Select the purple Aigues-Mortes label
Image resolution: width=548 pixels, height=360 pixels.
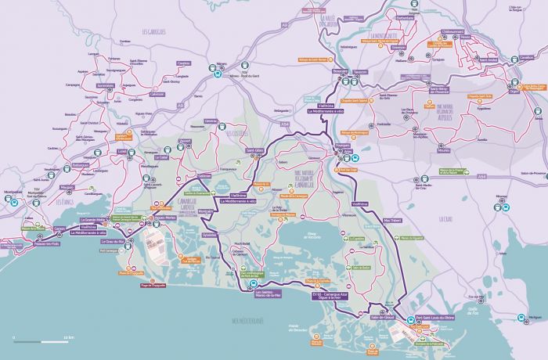(164, 217)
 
